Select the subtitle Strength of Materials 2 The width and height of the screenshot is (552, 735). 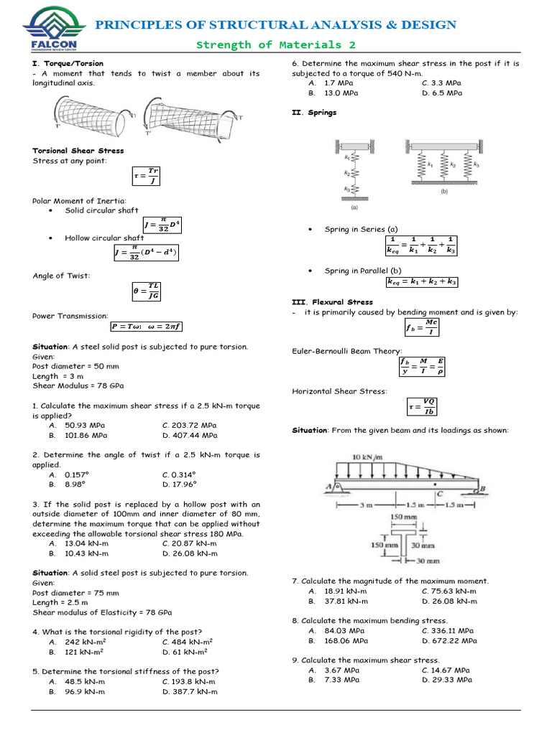click(x=276, y=45)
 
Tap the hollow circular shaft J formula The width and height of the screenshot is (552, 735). click(x=146, y=253)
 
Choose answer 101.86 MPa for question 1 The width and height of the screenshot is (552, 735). click(x=86, y=435)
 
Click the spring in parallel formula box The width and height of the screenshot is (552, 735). click(x=421, y=283)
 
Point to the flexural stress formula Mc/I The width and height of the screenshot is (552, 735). click(x=422, y=327)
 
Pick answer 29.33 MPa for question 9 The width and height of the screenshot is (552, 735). click(x=448, y=679)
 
